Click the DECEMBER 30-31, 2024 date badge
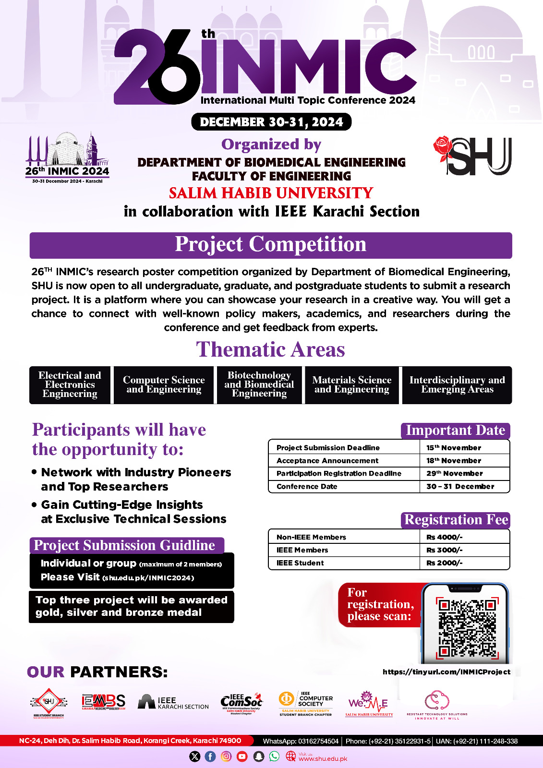point(271,122)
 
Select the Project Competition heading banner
point(271,245)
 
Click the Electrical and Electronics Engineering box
point(70,385)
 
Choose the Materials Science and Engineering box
point(352,385)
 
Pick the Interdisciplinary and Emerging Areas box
point(457,385)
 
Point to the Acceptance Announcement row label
point(327,460)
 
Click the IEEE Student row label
point(300,563)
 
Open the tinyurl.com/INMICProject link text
point(446,672)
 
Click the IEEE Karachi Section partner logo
point(173,703)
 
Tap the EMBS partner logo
point(103,702)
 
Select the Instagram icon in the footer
point(226,756)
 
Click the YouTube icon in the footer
point(242,756)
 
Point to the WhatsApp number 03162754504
point(301,741)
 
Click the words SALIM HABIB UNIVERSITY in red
point(271,193)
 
